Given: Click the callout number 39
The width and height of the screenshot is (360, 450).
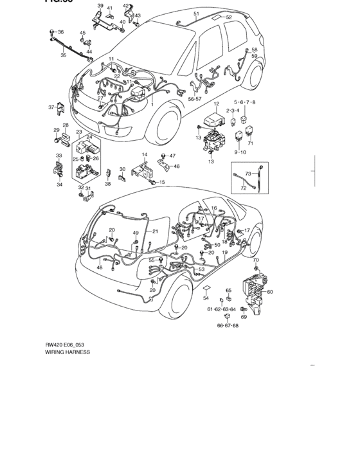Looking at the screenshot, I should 100,6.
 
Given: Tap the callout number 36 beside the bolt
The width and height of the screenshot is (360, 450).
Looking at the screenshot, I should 60,32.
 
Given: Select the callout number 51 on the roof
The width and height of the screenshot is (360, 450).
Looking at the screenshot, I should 196,14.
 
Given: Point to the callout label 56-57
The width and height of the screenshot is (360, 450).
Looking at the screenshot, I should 195,100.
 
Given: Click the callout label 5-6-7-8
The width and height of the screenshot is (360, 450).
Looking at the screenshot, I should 244,103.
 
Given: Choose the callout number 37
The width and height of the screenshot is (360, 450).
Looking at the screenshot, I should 51,107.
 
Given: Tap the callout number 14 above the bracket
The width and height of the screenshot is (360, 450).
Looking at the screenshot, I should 145,155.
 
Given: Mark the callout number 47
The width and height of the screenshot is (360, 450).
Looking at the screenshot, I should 172,156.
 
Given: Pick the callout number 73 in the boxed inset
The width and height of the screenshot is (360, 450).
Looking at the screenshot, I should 248,174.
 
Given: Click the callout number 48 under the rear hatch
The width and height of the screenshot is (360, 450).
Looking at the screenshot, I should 100,267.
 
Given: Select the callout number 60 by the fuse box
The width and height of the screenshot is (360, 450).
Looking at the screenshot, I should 269,292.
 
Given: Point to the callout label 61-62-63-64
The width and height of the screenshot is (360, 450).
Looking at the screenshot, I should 221,309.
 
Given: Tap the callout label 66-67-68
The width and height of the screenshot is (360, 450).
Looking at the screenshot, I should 228,325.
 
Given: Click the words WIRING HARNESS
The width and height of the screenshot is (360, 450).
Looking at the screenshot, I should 67,352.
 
